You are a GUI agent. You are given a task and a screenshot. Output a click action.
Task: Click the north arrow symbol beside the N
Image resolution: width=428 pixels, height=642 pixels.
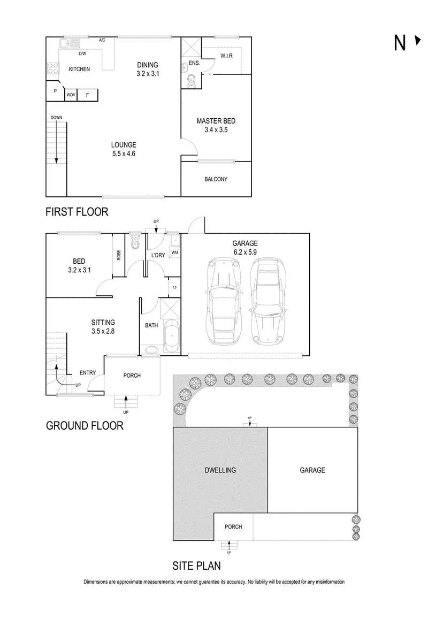click(x=417, y=41)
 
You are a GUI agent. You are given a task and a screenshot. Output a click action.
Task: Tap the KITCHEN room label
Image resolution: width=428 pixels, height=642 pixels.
click(x=79, y=69)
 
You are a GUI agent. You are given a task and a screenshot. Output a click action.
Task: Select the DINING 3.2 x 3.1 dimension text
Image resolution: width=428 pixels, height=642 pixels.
click(x=148, y=74)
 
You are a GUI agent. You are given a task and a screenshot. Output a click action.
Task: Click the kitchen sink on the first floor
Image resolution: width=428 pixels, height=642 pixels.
click(x=70, y=43)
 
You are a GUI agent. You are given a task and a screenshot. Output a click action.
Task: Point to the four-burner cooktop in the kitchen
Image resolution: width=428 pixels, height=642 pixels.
click(x=53, y=68)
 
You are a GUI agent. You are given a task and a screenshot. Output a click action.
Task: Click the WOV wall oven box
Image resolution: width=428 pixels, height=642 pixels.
click(x=71, y=95)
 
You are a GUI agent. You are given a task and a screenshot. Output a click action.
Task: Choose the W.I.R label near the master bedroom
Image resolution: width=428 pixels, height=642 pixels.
click(x=226, y=56)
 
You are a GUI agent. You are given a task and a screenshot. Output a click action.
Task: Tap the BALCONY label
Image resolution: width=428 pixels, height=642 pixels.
click(x=216, y=179)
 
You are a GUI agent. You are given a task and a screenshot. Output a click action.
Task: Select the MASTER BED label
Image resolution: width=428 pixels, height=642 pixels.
click(x=216, y=121)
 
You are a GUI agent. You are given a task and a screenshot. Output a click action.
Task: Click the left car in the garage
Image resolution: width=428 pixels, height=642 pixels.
click(x=224, y=301)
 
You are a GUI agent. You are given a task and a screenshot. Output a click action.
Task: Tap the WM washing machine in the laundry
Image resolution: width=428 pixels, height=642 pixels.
click(x=174, y=253)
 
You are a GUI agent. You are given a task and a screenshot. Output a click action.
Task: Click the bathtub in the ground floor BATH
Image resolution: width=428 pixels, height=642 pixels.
click(x=171, y=335)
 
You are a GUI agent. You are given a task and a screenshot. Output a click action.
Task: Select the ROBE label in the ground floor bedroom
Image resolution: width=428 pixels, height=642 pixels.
click(x=119, y=255)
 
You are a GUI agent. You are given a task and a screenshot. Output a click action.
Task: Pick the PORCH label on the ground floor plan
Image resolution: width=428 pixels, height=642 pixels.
click(x=132, y=376)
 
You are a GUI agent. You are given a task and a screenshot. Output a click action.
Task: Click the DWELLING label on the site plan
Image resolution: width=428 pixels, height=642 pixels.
click(x=220, y=470)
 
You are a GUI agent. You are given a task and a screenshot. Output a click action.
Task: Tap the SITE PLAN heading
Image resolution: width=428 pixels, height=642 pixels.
click(x=196, y=566)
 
